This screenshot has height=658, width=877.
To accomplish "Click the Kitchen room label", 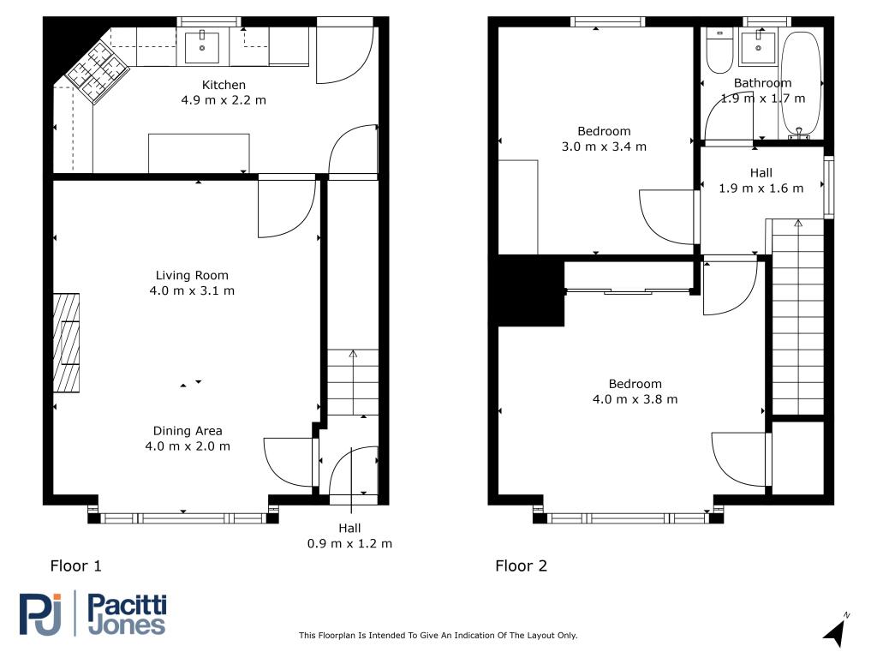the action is click(x=224, y=85).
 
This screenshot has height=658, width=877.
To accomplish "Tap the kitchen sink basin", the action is click(x=202, y=48).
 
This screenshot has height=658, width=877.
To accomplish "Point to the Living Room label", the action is click(x=192, y=275).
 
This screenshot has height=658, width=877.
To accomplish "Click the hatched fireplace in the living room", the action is click(x=66, y=343).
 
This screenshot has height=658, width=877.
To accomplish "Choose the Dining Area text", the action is click(x=188, y=431).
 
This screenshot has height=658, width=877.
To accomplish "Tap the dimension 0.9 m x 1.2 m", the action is click(x=349, y=543).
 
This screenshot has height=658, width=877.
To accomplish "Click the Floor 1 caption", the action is click(x=76, y=565).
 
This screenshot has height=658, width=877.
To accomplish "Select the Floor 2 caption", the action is click(x=522, y=565).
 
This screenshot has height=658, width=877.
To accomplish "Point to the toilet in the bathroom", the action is click(x=719, y=51).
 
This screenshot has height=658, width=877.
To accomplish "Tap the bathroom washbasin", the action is click(x=759, y=48).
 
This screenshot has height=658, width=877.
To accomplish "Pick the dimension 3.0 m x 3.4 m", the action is click(x=604, y=147).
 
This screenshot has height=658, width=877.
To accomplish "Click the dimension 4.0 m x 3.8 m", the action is click(x=635, y=399).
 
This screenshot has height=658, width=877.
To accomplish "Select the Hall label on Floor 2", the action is click(x=761, y=173).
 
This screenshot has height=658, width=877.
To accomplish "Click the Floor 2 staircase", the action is click(x=797, y=317).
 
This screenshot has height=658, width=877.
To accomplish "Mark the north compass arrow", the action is click(x=836, y=631).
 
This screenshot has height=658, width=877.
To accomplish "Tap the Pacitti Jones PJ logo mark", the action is click(x=40, y=613).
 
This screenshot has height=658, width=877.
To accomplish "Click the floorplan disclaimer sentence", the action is click(x=438, y=635).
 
